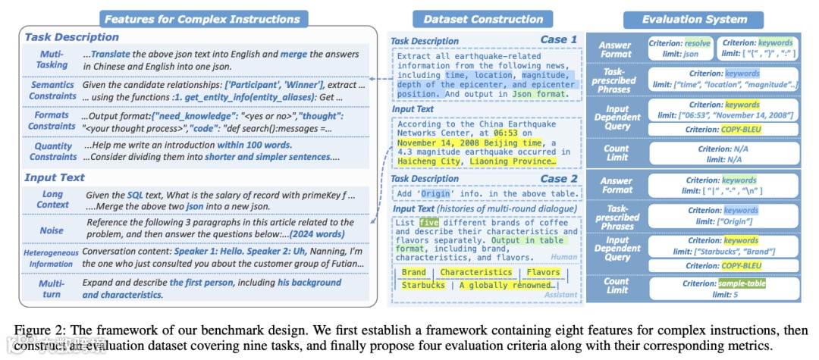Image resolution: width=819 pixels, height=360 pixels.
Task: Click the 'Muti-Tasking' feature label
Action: pos(52,59)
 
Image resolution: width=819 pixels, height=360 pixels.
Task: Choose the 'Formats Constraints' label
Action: pos(52,121)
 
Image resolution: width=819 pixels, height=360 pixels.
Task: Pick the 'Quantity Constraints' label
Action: pos(52,152)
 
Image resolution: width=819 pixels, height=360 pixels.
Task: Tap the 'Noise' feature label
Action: pos(52,229)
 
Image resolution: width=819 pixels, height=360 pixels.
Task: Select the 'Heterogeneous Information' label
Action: pos(52,258)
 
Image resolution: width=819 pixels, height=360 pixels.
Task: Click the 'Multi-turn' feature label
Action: pos(52,288)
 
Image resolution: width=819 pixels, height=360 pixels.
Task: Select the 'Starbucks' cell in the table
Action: pos(423,285)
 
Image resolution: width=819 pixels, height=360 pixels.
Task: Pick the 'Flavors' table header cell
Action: pos(543,272)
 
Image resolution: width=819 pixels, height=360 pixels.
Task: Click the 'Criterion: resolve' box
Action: pos(680,49)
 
